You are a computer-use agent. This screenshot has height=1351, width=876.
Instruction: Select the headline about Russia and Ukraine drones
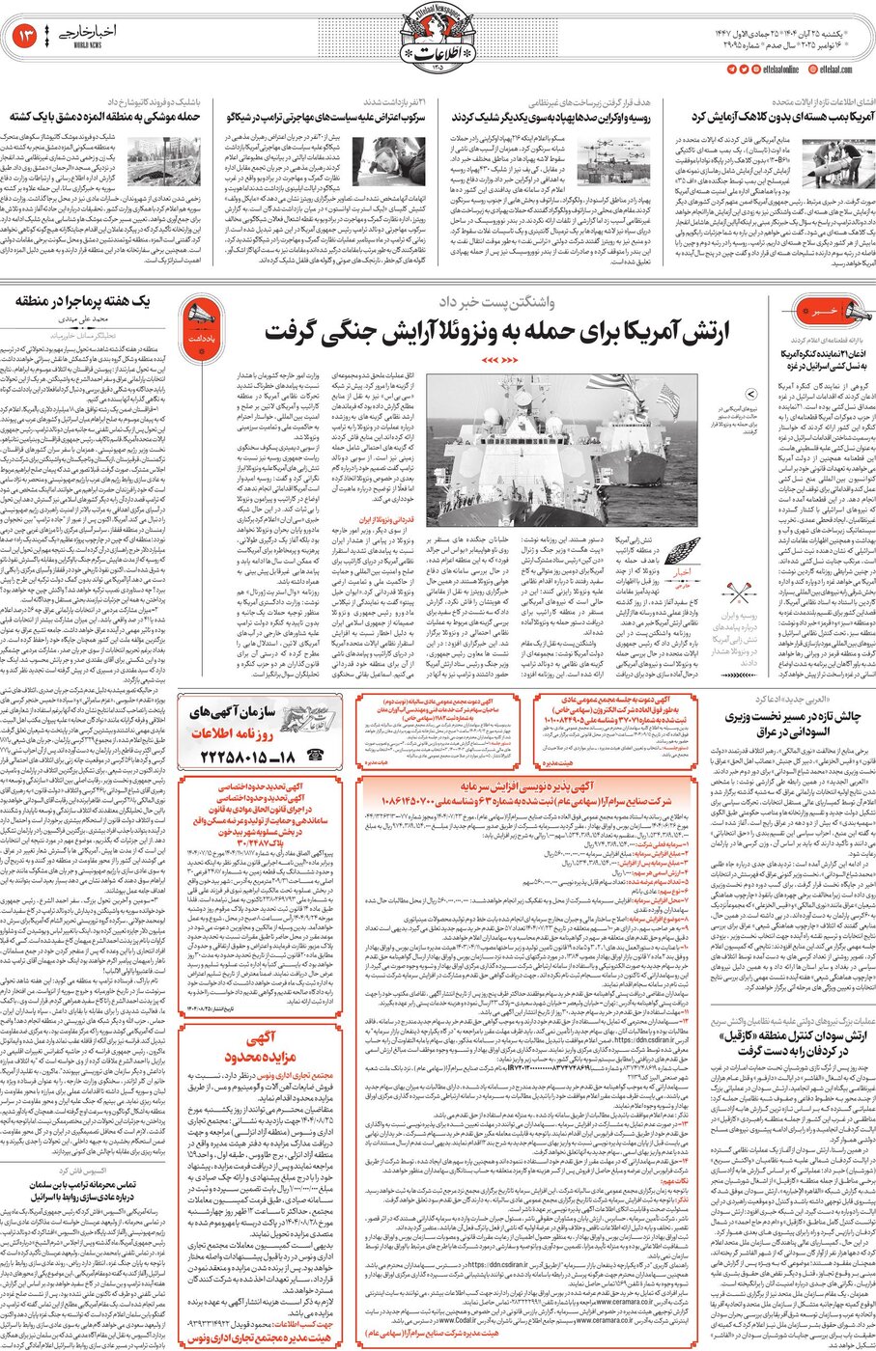[x=551, y=117]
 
